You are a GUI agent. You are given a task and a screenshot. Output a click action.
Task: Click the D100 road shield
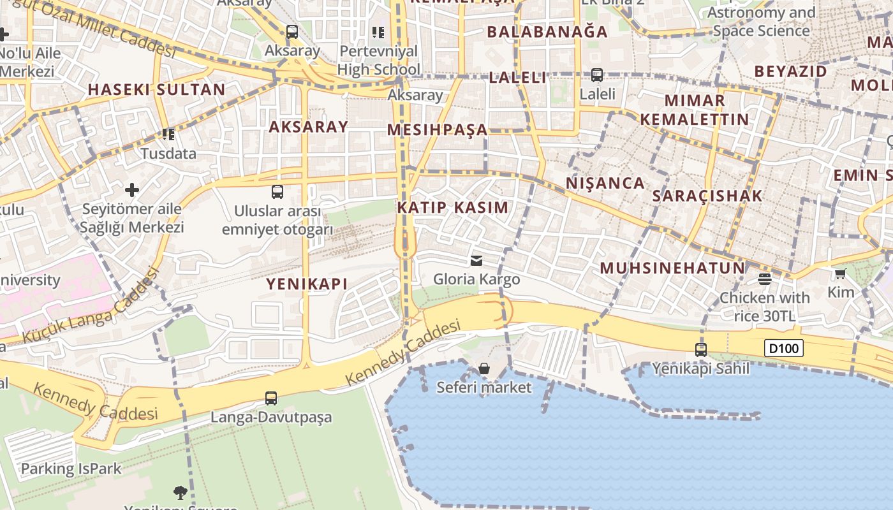(783, 348)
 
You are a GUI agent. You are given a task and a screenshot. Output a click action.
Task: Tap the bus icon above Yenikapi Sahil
(701, 349)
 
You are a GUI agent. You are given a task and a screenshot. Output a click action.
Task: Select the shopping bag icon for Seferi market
(484, 368)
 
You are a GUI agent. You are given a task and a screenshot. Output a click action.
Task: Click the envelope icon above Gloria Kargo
(476, 260)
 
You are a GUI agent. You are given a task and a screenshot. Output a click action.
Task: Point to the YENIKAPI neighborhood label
(307, 284)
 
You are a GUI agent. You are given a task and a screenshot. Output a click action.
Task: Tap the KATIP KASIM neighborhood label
(453, 207)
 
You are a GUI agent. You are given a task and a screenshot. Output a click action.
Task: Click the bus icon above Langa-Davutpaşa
(271, 398)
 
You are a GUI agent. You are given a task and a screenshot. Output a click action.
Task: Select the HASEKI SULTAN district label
(157, 89)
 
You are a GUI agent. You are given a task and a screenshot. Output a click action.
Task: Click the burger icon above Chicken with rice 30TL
(765, 279)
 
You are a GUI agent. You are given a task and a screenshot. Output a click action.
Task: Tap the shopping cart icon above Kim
(840, 274)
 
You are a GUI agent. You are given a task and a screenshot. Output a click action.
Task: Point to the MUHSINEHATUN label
(672, 268)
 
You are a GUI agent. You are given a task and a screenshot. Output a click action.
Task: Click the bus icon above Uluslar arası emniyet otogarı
(277, 191)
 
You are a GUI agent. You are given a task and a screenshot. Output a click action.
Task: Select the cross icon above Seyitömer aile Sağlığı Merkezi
(132, 189)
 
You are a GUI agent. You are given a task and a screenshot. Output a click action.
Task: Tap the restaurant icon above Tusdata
(168, 134)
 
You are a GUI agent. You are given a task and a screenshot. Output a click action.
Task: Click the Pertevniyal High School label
(379, 60)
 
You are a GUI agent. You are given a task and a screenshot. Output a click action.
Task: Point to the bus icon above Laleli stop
(597, 75)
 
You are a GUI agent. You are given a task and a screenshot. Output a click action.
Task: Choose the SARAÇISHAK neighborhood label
(707, 196)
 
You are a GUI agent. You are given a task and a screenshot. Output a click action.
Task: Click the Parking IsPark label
(71, 469)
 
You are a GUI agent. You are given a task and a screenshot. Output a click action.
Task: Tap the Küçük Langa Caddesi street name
(89, 307)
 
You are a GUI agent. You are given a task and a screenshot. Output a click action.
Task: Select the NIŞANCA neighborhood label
(605, 183)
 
